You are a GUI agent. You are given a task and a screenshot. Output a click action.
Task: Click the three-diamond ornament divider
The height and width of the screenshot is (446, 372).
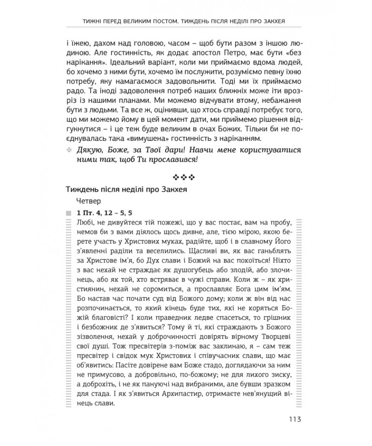click(186, 177)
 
